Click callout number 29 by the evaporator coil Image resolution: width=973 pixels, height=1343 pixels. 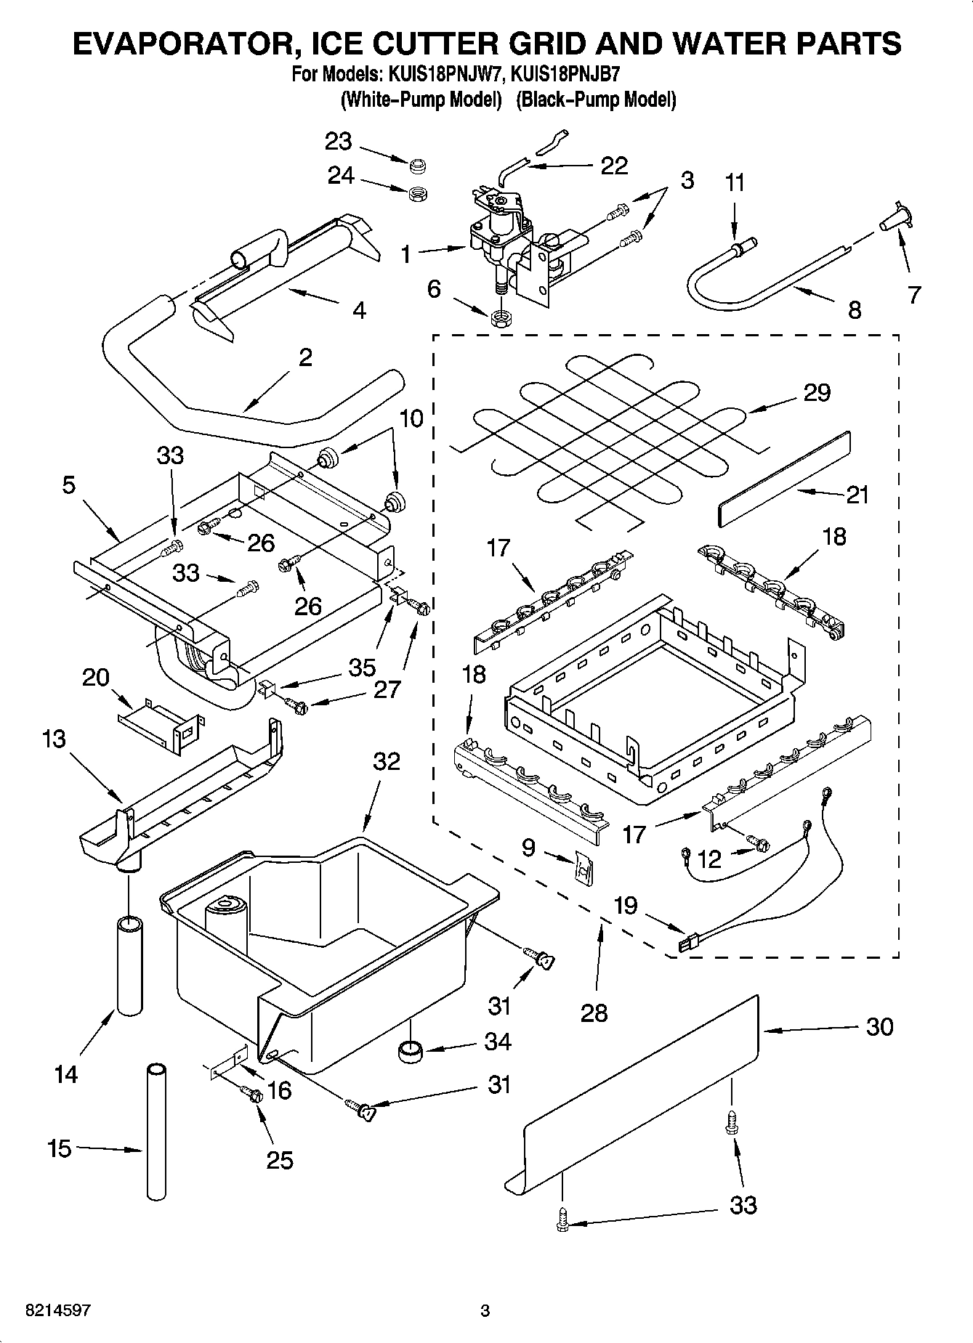(817, 393)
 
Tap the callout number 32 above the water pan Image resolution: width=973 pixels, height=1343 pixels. (387, 761)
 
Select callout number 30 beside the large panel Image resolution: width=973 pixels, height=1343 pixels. (879, 1027)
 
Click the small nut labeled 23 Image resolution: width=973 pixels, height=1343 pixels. (417, 167)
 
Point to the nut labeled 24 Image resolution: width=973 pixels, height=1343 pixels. (417, 193)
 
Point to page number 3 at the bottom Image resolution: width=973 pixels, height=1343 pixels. (485, 1311)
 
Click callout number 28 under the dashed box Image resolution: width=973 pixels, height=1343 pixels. (594, 1012)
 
